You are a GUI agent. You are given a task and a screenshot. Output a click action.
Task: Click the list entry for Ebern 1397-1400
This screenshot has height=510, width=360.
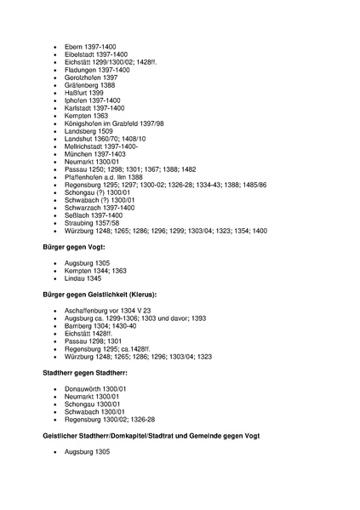point(90,45)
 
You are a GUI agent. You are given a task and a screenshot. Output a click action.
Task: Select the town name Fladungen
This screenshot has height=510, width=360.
point(82,69)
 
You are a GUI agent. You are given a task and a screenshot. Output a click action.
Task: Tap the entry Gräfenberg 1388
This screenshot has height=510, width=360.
point(90,85)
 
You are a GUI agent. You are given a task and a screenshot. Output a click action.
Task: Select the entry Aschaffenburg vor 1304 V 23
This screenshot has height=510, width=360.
point(107,311)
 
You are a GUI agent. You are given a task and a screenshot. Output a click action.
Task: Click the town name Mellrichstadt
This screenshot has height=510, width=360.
point(86,146)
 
